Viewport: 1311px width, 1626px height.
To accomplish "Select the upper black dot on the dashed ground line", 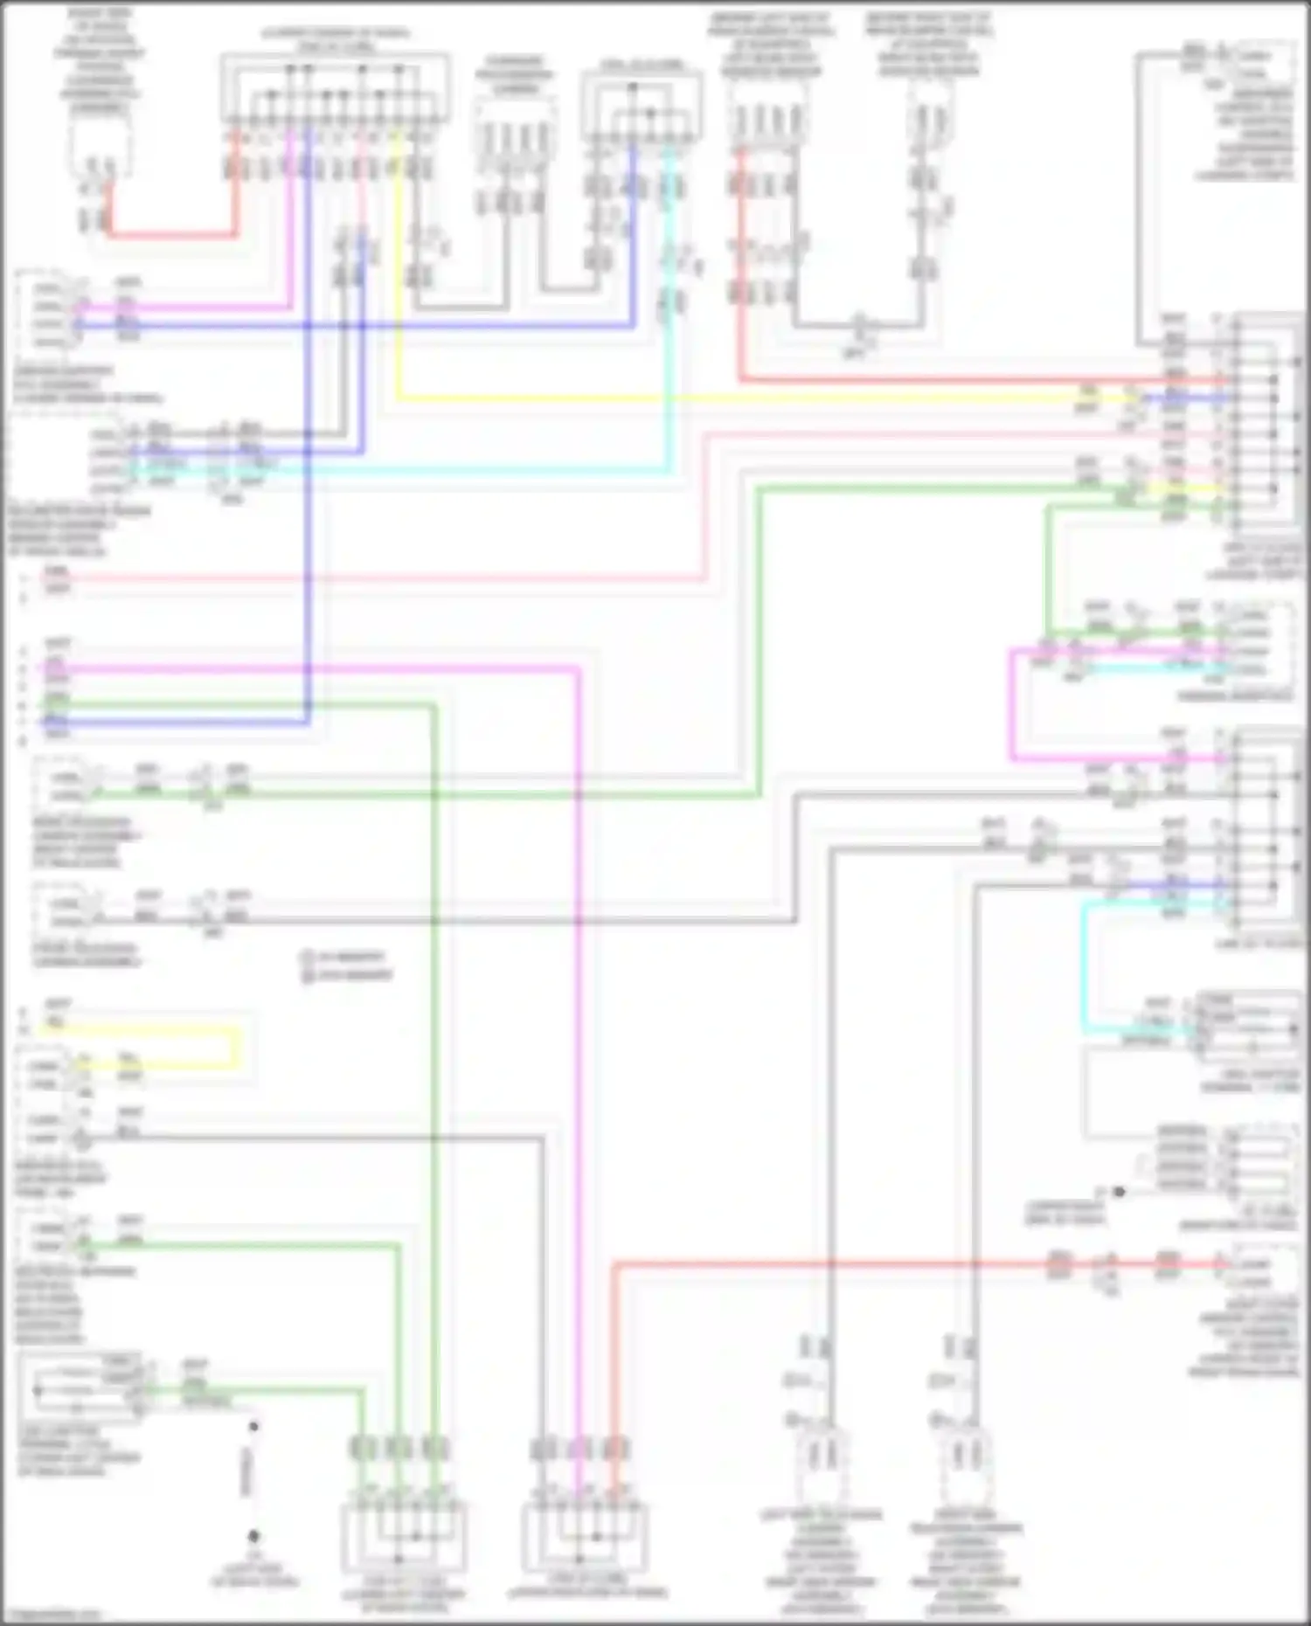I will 253,1427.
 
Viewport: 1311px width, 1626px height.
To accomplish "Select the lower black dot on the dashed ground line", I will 253,1535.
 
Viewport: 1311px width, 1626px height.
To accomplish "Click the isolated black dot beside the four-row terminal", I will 1119,1191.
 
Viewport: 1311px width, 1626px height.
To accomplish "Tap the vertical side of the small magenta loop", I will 1012,703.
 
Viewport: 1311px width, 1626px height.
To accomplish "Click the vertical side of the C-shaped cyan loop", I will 1085,965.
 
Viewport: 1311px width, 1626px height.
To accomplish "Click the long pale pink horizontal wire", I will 376,578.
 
